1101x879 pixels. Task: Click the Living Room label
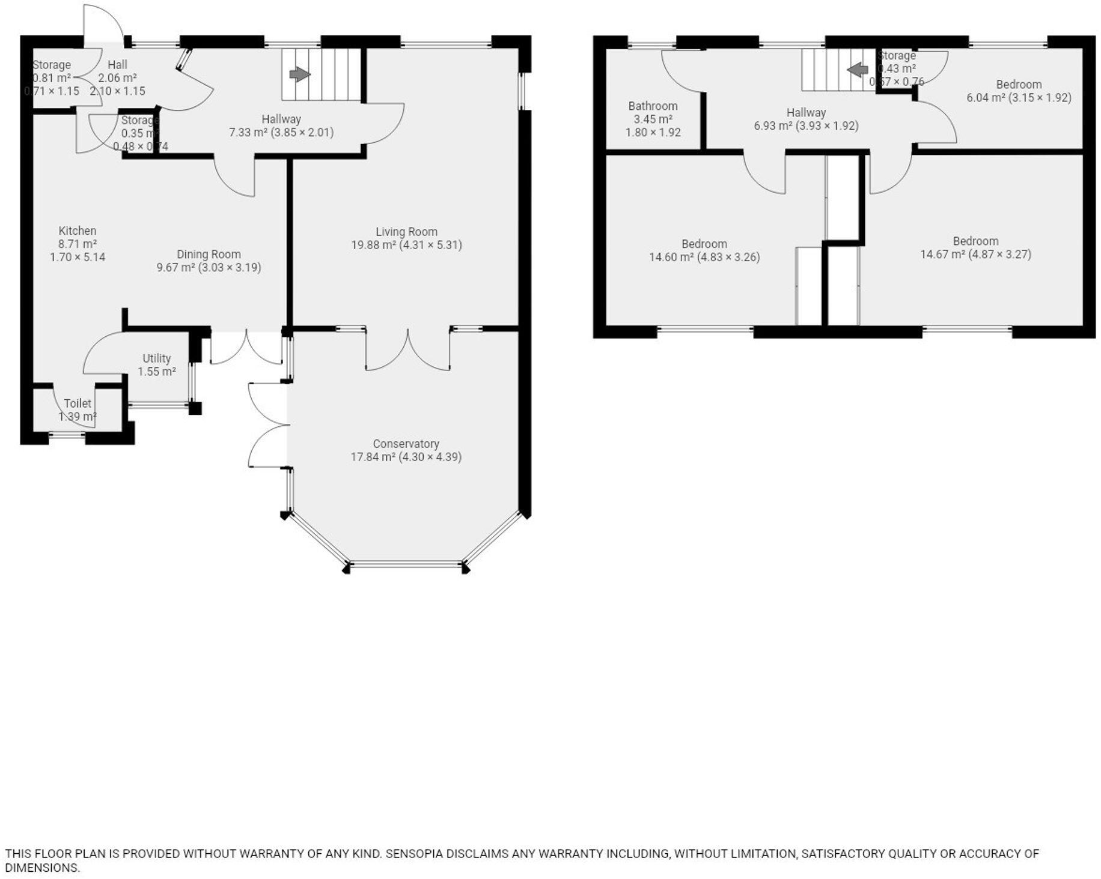tap(406, 232)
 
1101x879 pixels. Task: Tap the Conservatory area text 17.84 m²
tap(373, 457)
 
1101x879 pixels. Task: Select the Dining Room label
tap(209, 254)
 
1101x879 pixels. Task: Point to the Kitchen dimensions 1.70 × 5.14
tap(78, 257)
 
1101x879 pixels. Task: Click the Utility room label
tap(156, 358)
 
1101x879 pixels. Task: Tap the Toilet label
tap(78, 403)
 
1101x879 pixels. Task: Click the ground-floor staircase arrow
tap(299, 74)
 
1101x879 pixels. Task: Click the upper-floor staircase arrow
tap(858, 70)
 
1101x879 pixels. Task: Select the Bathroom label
tap(653, 106)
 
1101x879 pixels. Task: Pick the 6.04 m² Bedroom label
tap(1019, 85)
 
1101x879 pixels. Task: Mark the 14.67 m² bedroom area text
tap(943, 255)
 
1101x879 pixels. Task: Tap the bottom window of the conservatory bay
tap(406, 564)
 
